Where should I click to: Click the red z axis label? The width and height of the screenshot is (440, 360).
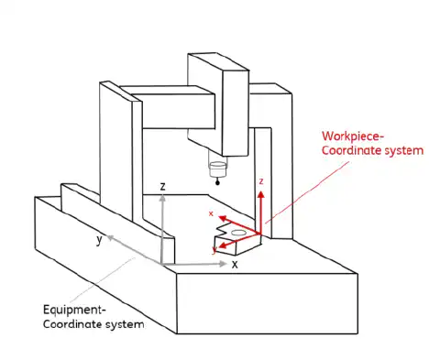(261, 182)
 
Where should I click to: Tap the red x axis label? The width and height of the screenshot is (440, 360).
(212, 213)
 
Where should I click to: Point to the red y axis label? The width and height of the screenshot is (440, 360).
(214, 247)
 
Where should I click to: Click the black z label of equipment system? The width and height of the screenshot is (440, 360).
(162, 186)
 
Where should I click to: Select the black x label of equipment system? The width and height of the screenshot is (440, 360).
(235, 264)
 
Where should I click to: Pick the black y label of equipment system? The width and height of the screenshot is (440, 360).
(99, 240)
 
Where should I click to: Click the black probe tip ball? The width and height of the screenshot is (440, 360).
(216, 183)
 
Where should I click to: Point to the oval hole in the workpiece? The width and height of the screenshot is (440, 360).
(238, 234)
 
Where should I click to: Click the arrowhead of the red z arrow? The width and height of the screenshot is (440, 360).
(261, 194)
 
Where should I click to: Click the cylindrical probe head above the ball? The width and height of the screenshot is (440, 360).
(217, 169)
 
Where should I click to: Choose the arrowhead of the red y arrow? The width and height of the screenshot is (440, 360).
(221, 245)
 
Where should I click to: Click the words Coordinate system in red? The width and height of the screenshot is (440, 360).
(373, 150)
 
